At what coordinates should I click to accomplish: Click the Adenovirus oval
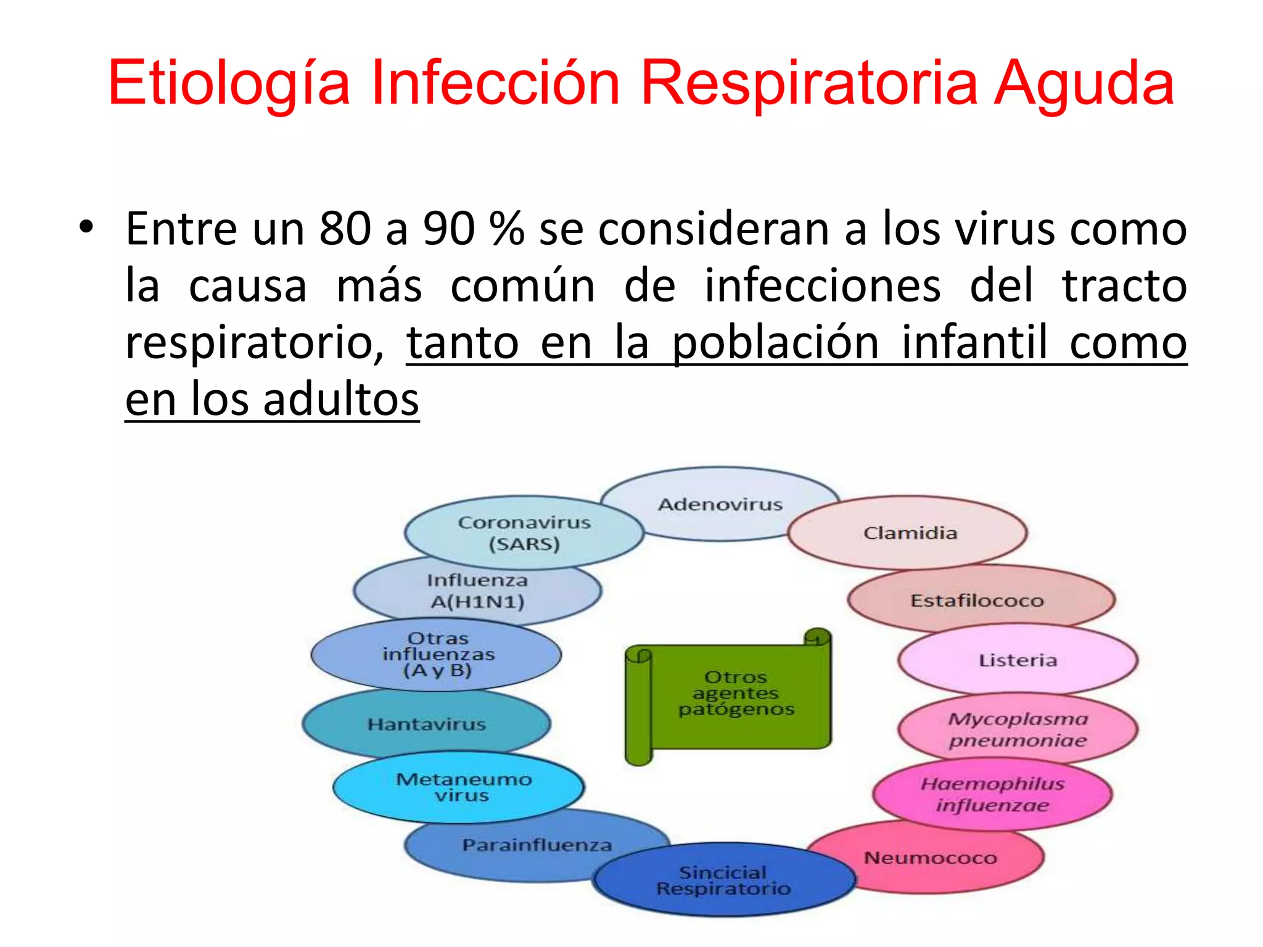point(720,504)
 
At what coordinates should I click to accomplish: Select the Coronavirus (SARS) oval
point(524,533)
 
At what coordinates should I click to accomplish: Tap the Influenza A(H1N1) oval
point(477,591)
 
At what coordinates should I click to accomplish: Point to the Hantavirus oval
point(426,724)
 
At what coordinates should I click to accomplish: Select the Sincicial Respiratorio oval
point(724,880)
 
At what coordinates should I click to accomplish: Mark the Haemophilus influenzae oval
point(992,795)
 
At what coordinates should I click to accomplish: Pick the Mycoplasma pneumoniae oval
point(1018,729)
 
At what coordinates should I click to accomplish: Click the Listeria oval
point(1018,660)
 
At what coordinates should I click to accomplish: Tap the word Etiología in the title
point(229,83)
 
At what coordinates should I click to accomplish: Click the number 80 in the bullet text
point(345,229)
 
